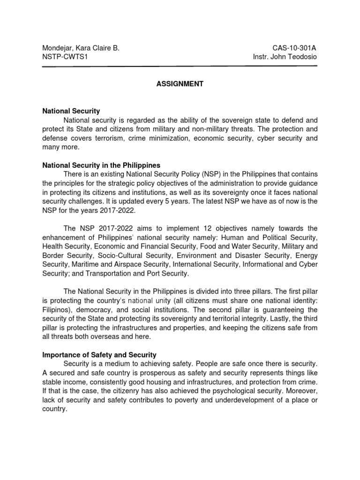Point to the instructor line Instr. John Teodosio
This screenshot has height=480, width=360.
coord(285,57)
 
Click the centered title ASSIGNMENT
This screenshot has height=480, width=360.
coord(180,84)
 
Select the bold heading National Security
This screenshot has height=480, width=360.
coord(71,111)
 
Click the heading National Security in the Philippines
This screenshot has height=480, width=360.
coord(101,165)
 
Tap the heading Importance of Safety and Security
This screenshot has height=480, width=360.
coord(99,355)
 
